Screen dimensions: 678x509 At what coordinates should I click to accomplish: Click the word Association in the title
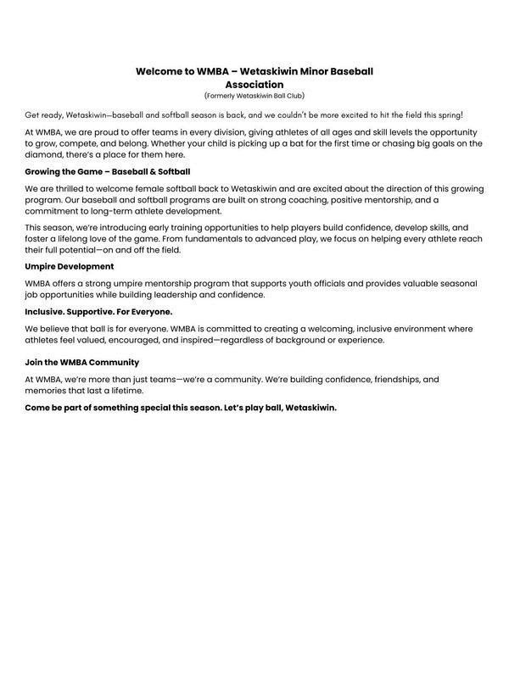click(x=255, y=85)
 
